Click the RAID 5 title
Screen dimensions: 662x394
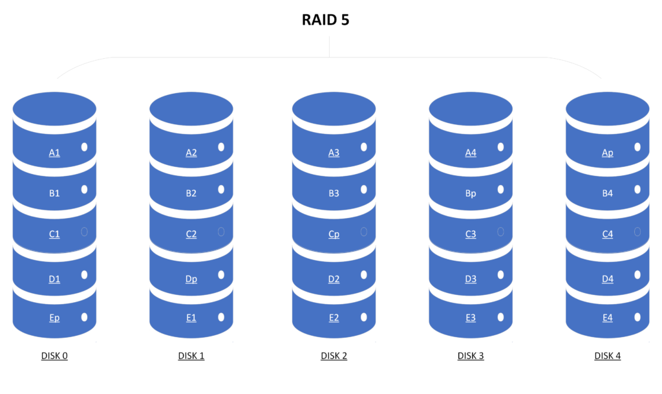pos(326,20)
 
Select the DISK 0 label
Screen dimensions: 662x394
pos(54,356)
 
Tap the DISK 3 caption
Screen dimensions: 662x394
pos(471,356)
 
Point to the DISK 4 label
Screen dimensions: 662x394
pos(608,356)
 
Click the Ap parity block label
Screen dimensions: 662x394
pos(608,153)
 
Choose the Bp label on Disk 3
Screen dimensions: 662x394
pos(471,193)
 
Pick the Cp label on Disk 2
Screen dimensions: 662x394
pos(334,234)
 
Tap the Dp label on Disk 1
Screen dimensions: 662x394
pos(191,279)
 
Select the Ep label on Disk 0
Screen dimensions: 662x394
pos(54,318)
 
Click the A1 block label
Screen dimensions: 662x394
pos(54,153)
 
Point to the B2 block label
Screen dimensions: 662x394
pos(191,193)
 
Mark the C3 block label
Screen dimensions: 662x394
pos(471,234)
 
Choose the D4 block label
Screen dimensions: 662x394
pos(608,279)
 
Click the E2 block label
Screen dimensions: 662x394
pos(334,318)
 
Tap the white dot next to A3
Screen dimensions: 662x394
pos(364,147)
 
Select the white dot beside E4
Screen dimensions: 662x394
pos(637,317)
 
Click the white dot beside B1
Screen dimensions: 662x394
pos(85,190)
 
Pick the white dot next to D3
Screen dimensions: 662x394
pos(501,275)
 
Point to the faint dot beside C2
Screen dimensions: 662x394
pos(221,232)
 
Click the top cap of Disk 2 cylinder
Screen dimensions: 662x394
pos(334,109)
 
